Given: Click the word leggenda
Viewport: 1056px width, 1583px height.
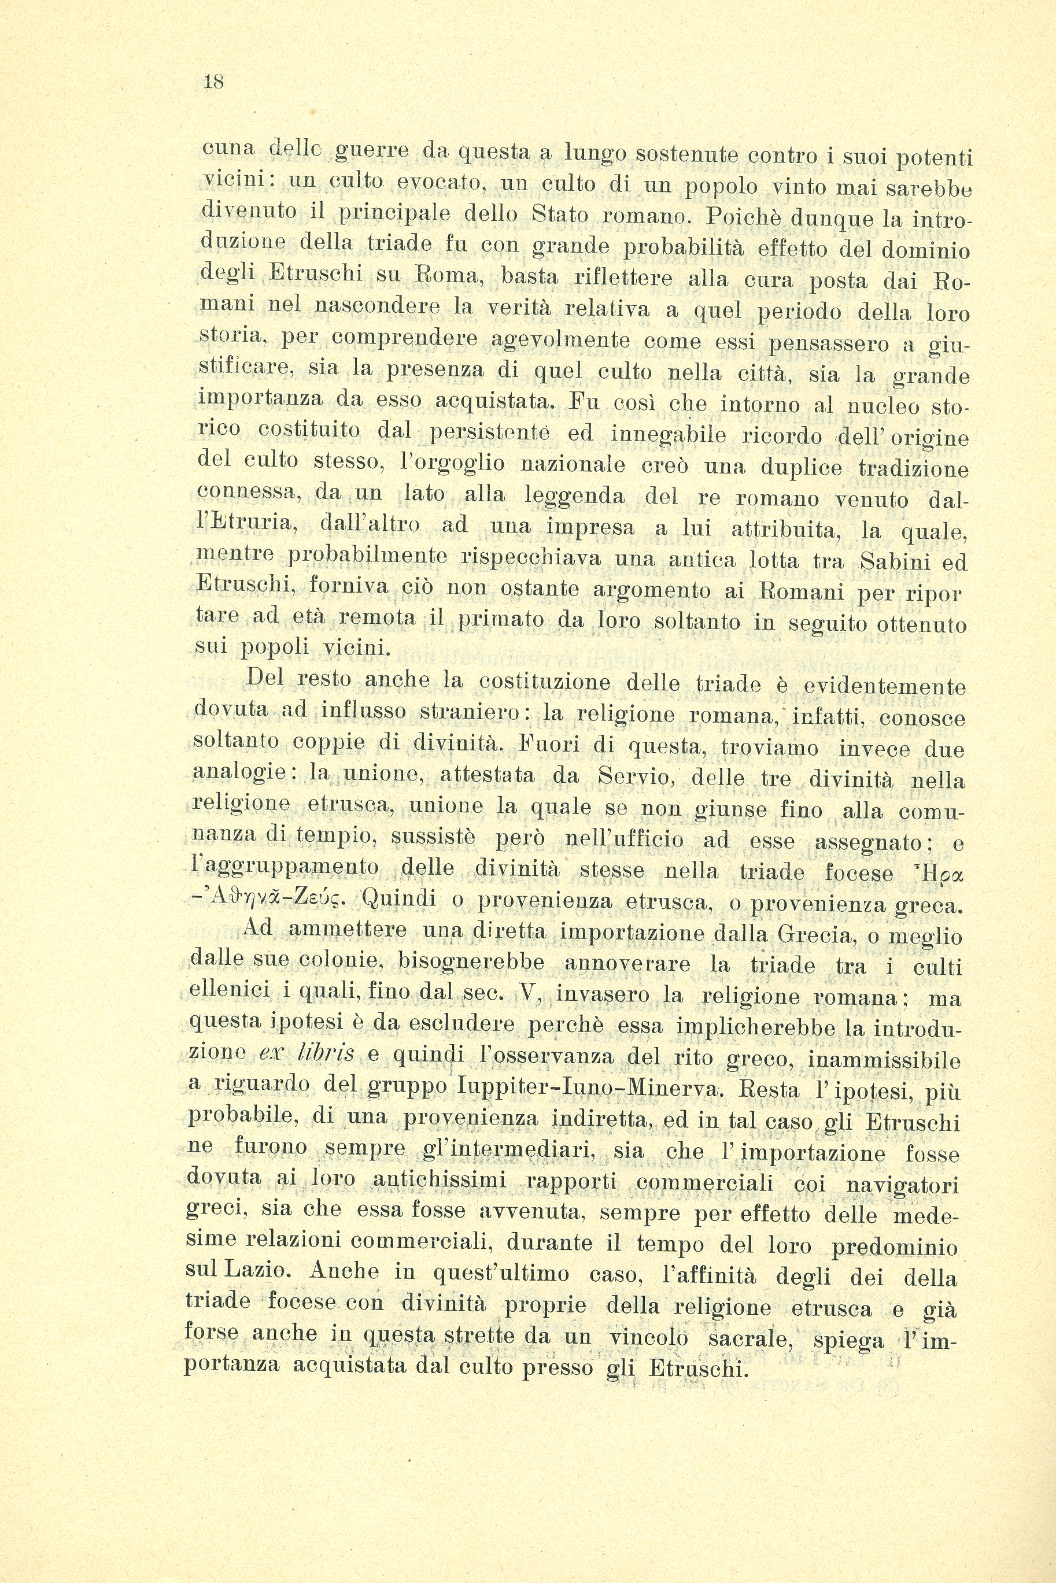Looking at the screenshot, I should tap(574, 496).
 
